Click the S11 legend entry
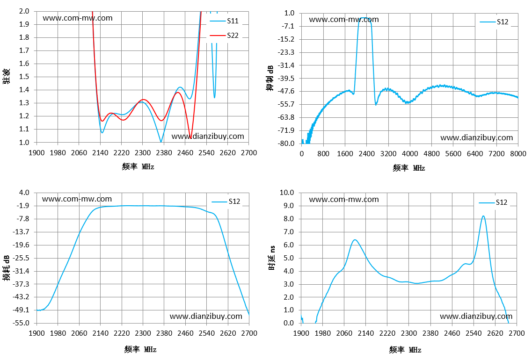click(224, 21)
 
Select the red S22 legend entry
click(224, 35)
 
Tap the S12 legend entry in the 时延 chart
click(493, 202)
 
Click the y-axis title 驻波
click(7, 76)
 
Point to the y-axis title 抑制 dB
click(270, 78)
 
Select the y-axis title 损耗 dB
click(7, 268)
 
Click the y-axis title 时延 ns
click(272, 258)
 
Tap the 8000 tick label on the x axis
click(518, 154)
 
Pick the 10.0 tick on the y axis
click(287, 193)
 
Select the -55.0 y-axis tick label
click(21, 323)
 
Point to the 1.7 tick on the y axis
click(24, 50)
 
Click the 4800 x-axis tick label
click(431, 154)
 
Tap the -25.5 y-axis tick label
click(21, 258)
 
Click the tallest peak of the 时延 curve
click(483, 216)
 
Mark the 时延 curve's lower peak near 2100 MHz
click(355, 240)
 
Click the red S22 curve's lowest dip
click(191, 137)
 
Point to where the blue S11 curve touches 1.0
click(161, 142)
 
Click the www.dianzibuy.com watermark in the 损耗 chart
click(206, 317)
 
